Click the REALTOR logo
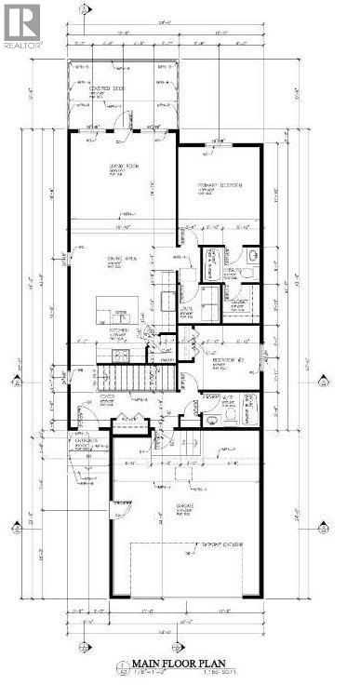coord(21,25)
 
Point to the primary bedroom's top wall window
coord(220,143)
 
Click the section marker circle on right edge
coord(324,382)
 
